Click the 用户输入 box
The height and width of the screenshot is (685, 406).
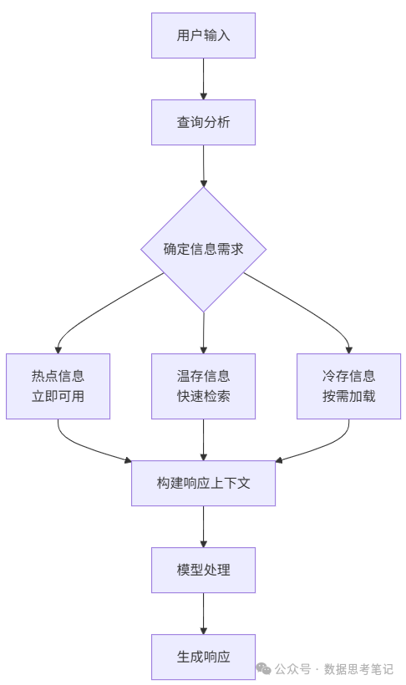click(203, 35)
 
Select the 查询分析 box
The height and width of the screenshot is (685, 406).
click(203, 122)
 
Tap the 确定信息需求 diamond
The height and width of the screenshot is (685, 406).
click(203, 249)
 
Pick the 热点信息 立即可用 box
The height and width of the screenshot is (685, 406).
click(58, 386)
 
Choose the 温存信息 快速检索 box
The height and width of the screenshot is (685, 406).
click(203, 386)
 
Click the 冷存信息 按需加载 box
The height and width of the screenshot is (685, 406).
click(348, 386)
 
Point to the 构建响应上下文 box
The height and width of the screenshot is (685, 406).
click(203, 483)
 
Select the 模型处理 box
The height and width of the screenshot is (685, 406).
click(203, 570)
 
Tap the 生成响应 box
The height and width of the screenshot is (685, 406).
click(203, 657)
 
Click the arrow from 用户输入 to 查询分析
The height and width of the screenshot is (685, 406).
click(203, 79)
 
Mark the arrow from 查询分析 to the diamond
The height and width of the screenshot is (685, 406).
click(203, 165)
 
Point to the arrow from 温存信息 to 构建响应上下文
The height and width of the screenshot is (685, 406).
click(203, 439)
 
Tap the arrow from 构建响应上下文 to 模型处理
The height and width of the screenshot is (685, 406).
click(203, 526)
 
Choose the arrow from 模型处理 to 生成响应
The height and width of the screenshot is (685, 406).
click(203, 613)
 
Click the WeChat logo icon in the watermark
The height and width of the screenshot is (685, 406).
click(263, 668)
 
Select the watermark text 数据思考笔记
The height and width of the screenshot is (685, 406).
click(358, 669)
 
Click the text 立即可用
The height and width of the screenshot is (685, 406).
click(58, 396)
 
